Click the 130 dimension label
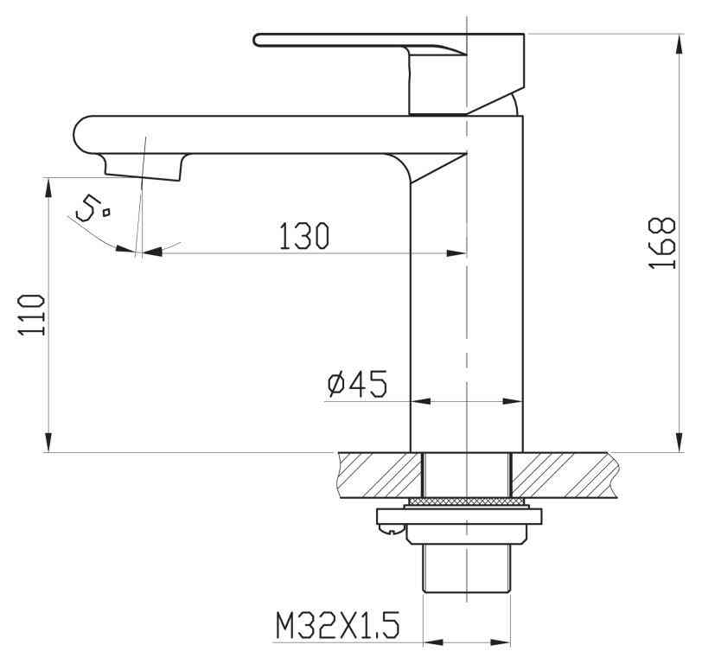pos(304,235)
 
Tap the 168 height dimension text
pos(661,243)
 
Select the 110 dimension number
pos(32,315)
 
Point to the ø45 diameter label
pos(357,384)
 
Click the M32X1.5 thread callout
pos(337,625)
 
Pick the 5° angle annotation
pos(93,208)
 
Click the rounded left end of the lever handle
pos(258,40)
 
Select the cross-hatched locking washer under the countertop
pos(466,501)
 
